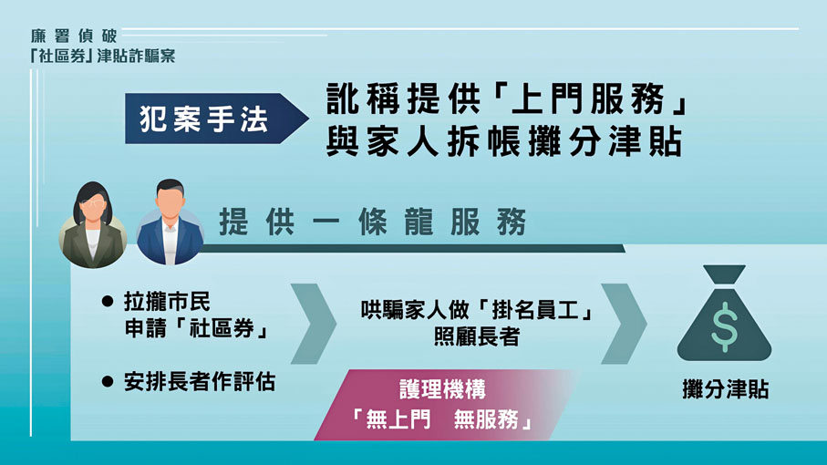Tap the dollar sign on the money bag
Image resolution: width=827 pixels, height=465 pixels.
click(x=724, y=326)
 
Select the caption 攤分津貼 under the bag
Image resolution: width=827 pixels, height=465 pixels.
click(x=725, y=389)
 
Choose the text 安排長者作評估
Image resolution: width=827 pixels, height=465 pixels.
click(x=200, y=382)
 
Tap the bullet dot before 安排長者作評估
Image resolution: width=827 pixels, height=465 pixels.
click(x=109, y=382)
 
